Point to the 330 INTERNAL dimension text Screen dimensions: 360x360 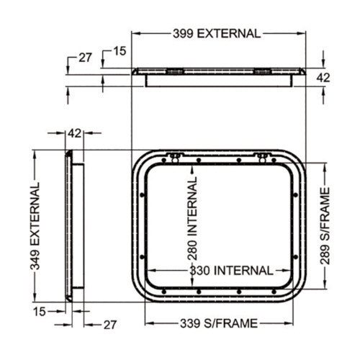pos(231,271)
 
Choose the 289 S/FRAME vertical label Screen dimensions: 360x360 pos(325,226)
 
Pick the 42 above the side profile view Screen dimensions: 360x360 pos(74,133)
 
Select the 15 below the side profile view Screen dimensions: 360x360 pos(40,310)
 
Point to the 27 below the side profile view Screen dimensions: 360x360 pos(109,325)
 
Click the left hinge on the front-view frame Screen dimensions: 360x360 pos(174,158)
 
